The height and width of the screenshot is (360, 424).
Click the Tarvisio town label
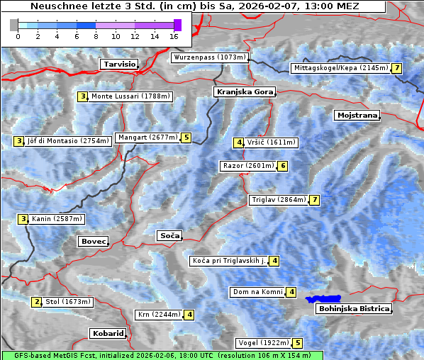[118, 64]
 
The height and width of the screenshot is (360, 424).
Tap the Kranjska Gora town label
[243, 92]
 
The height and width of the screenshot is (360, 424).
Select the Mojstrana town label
[357, 115]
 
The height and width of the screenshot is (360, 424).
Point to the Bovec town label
[93, 241]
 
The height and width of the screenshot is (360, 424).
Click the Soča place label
[169, 235]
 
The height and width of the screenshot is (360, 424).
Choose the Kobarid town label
[108, 333]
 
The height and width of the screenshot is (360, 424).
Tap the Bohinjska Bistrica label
[354, 308]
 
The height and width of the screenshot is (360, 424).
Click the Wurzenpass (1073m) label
[210, 57]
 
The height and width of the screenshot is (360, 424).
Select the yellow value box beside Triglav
[315, 200]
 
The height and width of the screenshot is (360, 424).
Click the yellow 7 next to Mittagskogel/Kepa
[397, 68]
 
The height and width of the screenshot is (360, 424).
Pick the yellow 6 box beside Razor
[283, 166]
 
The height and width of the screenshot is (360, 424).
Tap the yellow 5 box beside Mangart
[186, 137]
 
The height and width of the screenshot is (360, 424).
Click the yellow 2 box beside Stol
[37, 302]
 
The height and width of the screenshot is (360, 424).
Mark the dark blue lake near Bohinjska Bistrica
[323, 300]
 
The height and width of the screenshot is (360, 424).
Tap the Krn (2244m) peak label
[157, 315]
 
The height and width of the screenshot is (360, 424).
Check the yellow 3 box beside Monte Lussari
[83, 96]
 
